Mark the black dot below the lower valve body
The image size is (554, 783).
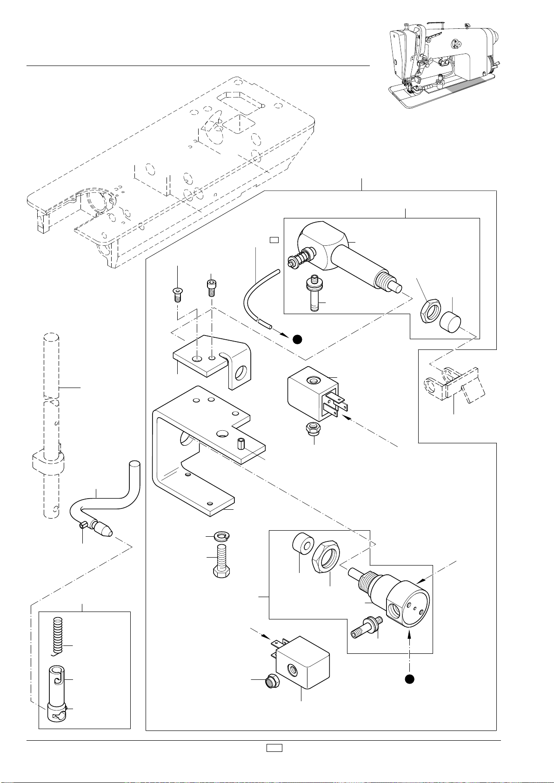[409, 679]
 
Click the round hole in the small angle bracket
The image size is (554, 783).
[241, 373]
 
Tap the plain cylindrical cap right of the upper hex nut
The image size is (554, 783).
[449, 321]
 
